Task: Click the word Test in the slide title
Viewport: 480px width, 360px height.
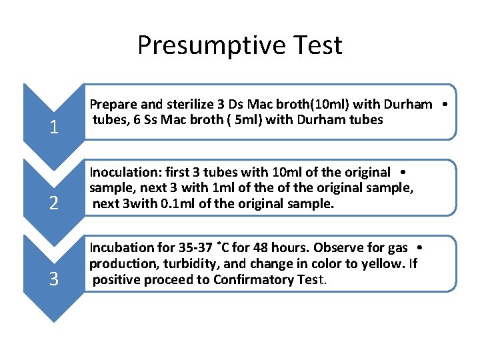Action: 313,45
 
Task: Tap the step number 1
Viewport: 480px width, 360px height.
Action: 53,127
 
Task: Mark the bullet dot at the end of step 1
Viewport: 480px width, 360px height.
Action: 443,105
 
